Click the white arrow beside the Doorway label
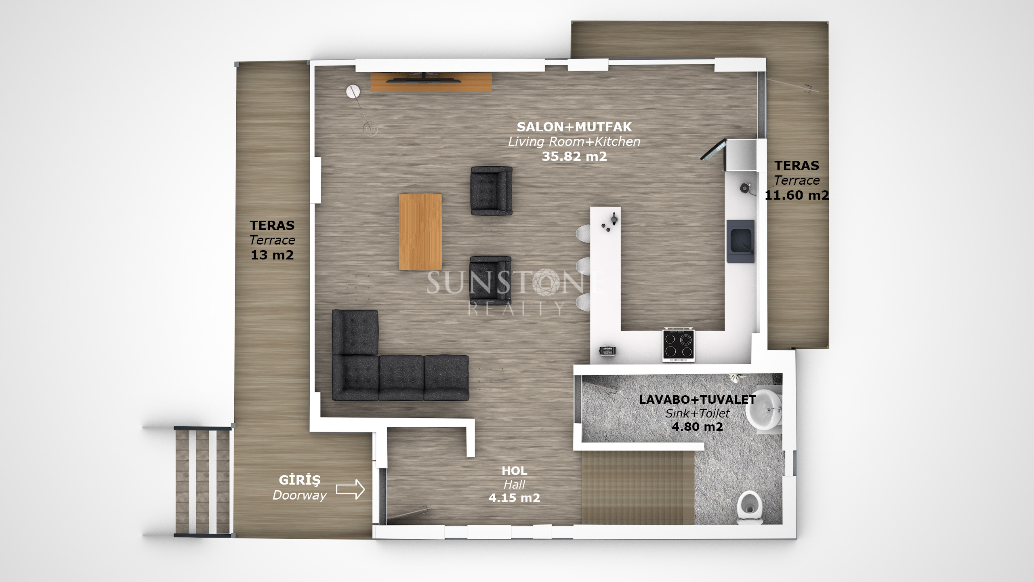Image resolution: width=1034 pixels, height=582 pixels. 351,489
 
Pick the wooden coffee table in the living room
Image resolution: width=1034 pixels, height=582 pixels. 420,232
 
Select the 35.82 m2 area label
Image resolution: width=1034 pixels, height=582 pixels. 574,156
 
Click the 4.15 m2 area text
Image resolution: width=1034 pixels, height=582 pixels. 514,498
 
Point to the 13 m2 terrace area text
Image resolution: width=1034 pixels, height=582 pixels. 272,255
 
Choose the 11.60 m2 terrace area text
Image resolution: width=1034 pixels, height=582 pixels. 797,195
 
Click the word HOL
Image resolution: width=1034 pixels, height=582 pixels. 514,470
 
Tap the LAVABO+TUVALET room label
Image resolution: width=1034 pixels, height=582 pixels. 698,400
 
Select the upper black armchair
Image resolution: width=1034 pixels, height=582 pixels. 492,190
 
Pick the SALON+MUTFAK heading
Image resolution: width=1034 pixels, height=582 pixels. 574,127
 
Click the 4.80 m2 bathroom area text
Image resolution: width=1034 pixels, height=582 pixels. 698,427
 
